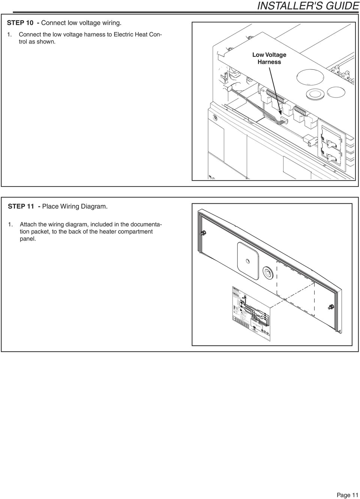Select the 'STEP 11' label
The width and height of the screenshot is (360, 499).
[x=21, y=206]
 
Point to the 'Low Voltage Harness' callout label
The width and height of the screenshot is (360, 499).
[x=269, y=59]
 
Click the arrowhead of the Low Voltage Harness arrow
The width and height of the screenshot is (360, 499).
[x=281, y=114]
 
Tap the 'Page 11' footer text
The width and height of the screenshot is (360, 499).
[x=347, y=495]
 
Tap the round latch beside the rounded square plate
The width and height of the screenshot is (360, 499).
[x=268, y=272]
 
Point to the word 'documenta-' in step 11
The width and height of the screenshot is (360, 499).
[x=145, y=224]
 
